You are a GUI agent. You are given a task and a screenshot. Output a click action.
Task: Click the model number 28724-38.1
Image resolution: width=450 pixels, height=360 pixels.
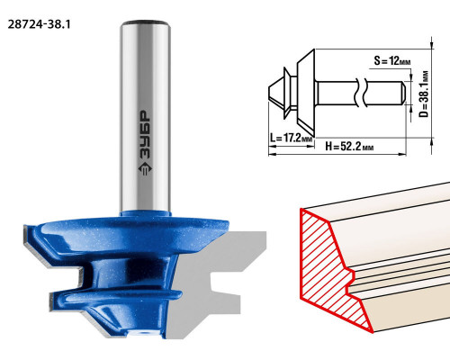[x=39, y=24]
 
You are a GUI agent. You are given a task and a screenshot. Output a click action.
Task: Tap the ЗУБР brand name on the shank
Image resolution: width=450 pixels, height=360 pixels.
[x=146, y=136]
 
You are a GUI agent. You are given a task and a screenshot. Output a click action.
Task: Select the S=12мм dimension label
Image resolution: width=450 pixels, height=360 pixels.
[x=392, y=61]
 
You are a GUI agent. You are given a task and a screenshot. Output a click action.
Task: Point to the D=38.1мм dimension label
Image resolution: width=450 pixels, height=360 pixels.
[x=424, y=94]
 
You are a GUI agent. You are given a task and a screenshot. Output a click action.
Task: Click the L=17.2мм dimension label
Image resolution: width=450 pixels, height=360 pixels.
[x=291, y=138]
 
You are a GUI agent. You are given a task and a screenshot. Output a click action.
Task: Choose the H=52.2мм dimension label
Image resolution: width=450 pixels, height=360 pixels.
[x=349, y=147]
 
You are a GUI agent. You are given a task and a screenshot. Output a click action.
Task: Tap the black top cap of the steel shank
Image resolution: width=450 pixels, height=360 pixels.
[x=145, y=22]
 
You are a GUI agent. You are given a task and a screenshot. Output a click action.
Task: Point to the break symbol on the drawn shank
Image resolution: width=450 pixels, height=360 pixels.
[x=360, y=93]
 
